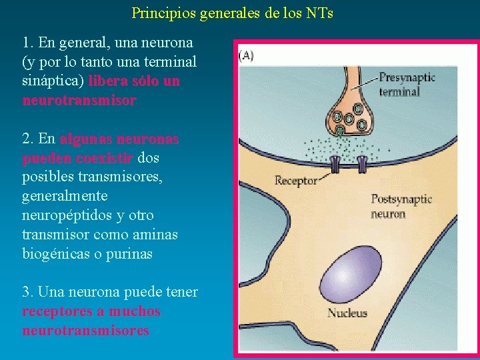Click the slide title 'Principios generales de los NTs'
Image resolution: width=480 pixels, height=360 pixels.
click(x=233, y=13)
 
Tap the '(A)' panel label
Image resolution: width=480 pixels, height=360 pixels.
click(x=245, y=56)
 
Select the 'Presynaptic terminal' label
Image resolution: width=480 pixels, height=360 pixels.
click(x=407, y=84)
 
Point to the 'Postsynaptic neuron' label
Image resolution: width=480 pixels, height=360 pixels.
click(x=401, y=206)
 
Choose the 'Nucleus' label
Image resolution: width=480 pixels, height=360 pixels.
click(x=347, y=312)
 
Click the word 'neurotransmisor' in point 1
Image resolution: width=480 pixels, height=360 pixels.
click(x=79, y=100)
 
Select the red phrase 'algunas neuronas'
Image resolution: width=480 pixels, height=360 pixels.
click(x=119, y=139)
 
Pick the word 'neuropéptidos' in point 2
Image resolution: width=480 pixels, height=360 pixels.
click(x=64, y=215)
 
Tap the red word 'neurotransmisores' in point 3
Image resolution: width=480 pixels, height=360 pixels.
click(x=85, y=331)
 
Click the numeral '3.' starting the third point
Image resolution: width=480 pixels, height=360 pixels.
click(x=28, y=292)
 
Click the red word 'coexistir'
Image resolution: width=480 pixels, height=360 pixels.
click(x=105, y=158)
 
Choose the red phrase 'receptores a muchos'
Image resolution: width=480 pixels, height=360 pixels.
click(x=91, y=311)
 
